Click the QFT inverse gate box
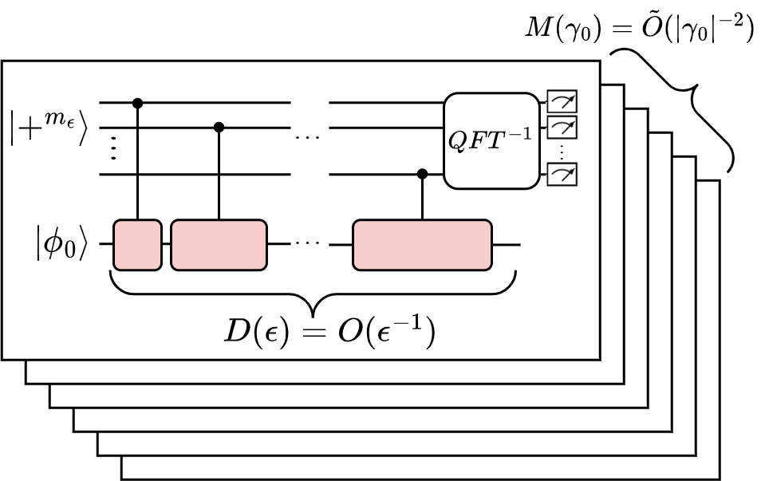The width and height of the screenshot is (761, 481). [x=491, y=140]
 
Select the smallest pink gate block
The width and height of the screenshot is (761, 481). [x=137, y=245]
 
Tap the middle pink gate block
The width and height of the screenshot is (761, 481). [x=219, y=245]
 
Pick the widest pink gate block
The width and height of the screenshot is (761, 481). [x=422, y=245]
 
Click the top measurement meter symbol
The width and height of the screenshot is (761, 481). [x=562, y=102]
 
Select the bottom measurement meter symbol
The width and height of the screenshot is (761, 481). [x=562, y=173]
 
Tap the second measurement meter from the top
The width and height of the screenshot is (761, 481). [x=562, y=127]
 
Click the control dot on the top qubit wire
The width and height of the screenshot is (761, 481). [x=137, y=102]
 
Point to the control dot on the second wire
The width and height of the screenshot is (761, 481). [x=219, y=126]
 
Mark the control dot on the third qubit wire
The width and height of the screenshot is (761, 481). [x=422, y=173]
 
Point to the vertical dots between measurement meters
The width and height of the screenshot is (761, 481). [x=562, y=150]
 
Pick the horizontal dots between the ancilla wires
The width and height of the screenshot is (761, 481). [x=308, y=137]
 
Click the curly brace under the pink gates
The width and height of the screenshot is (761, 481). [x=313, y=291]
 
